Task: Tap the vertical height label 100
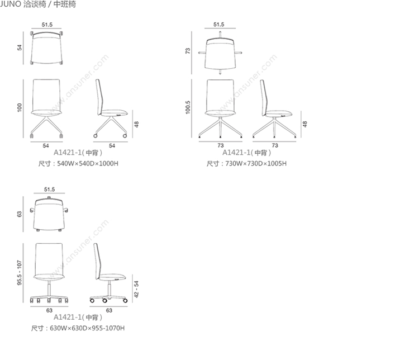20,107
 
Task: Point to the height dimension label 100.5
188,107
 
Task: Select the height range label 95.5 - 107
20,273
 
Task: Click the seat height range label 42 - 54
136,289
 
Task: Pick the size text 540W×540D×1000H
88,163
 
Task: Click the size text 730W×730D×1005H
256,163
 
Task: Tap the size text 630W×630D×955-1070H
87,328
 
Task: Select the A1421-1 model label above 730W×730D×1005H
236,153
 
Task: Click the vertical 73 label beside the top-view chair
188,51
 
